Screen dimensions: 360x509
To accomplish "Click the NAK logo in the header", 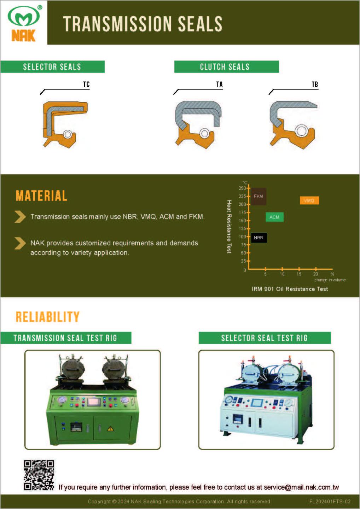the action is (x=24, y=23).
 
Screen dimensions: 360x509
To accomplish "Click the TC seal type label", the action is (x=86, y=84).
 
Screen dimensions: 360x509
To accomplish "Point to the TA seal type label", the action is (x=219, y=84).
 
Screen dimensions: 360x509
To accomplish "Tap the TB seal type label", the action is (x=315, y=84).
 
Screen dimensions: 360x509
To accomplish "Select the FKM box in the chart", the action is (x=259, y=196).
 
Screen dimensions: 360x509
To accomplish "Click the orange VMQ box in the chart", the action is (x=309, y=200).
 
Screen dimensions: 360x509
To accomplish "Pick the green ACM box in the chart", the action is (x=274, y=217).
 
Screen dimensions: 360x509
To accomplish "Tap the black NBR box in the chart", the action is (x=259, y=238).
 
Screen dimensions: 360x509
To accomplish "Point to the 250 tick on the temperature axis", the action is (x=242, y=188).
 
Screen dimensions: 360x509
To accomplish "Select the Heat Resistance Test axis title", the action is (x=229, y=227).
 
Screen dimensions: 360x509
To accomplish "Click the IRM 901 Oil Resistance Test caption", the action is (x=290, y=289).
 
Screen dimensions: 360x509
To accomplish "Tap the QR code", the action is (x=39, y=475).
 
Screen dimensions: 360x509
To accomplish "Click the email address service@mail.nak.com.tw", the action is (x=301, y=487).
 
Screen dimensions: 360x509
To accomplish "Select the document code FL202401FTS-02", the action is (x=330, y=501).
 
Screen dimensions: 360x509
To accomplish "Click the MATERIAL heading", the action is (x=42, y=196).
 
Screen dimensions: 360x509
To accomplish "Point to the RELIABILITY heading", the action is (x=47, y=317).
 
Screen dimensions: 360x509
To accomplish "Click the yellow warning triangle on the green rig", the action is (x=110, y=429).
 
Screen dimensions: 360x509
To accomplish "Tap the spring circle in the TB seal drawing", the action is (x=301, y=131).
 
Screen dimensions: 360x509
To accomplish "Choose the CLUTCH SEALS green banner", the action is (x=227, y=67).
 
